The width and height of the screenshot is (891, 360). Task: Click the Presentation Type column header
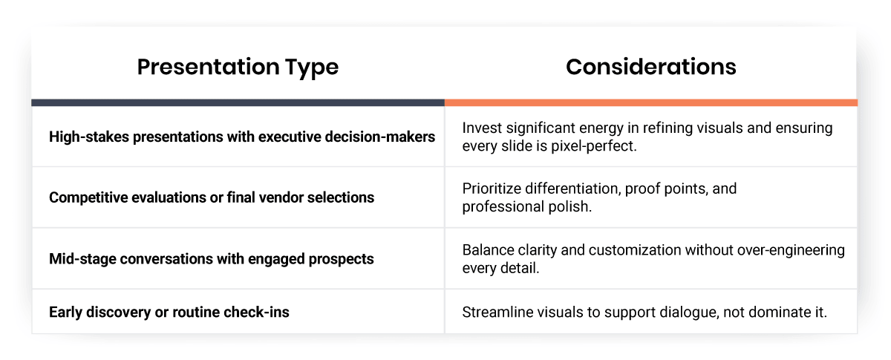pyautogui.click(x=238, y=67)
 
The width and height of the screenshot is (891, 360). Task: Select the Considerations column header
pyautogui.click(x=650, y=67)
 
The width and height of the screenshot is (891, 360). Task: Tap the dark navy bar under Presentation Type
pyautogui.click(x=238, y=102)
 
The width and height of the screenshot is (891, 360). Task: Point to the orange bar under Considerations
pyautogui.click(x=650, y=102)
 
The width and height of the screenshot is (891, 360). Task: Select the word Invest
pyautogui.click(x=481, y=128)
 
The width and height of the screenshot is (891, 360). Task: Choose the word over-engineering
pyautogui.click(x=794, y=250)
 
